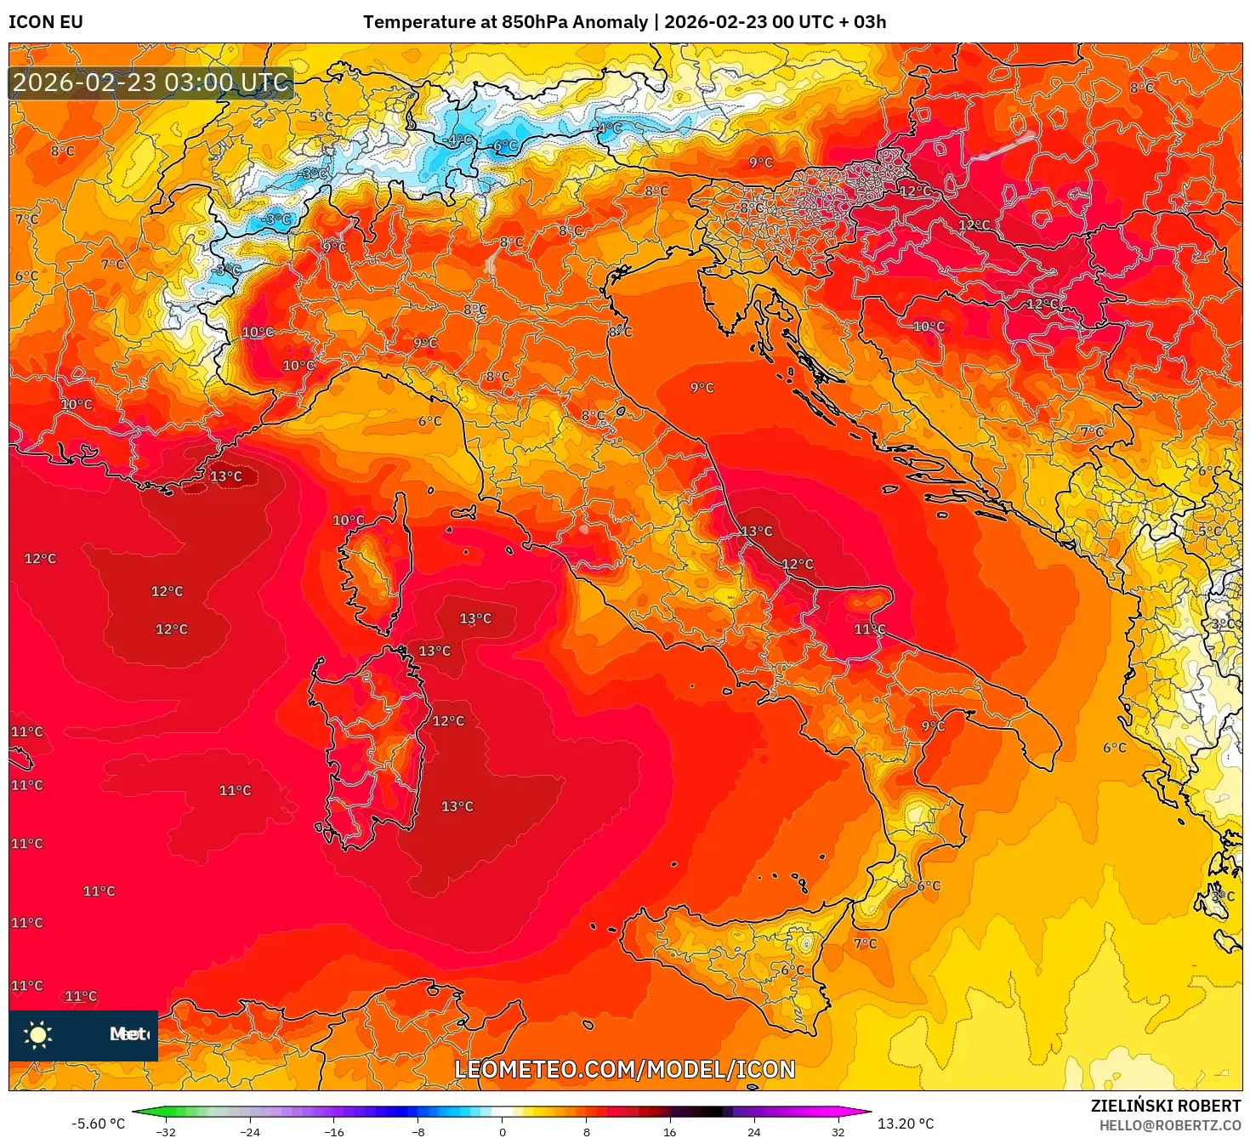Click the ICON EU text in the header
[46, 22]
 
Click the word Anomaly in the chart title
[610, 22]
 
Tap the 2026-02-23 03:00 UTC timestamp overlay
[151, 83]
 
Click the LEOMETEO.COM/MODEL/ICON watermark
[625, 1069]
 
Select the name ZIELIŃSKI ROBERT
[1165, 1106]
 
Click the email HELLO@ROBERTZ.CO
[1169, 1125]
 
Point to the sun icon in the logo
[38, 1035]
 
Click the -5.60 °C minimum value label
[98, 1124]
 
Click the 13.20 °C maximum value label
[906, 1124]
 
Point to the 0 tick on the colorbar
[503, 1132]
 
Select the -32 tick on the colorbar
[166, 1132]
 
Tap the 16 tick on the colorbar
[670, 1132]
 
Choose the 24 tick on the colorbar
[754, 1132]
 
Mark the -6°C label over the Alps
[504, 146]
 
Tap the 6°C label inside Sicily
[792, 970]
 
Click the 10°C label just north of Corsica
[348, 521]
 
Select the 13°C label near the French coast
[226, 476]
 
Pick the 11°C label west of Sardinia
[235, 790]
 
